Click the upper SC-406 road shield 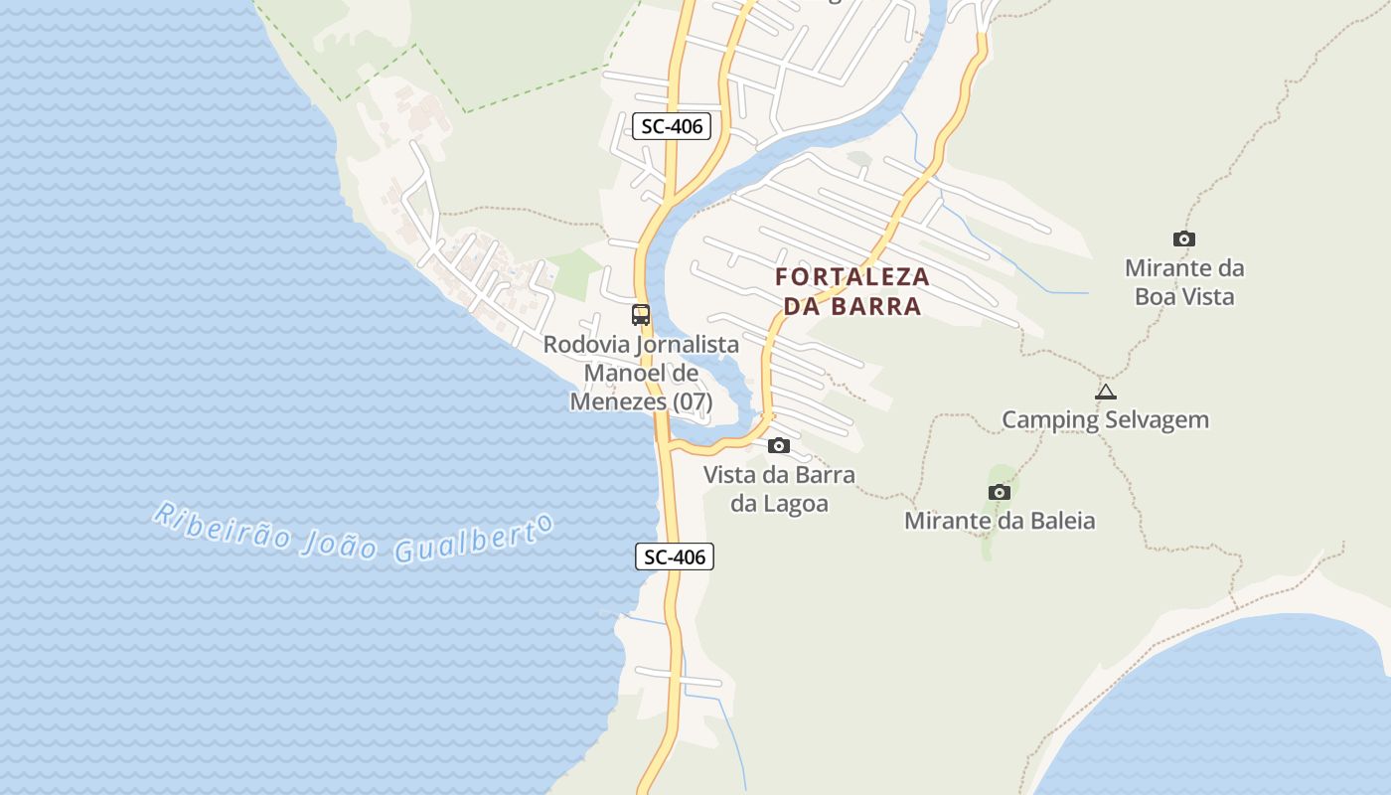point(672,126)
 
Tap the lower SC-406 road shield point(675,556)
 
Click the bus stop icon point(641,315)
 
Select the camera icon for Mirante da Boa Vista point(1183,238)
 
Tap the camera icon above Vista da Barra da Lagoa point(779,445)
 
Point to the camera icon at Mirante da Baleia point(1000,492)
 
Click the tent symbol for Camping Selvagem point(1106,393)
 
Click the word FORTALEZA point(852,276)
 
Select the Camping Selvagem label point(1105,419)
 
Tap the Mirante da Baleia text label point(1000,520)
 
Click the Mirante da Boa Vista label point(1184,282)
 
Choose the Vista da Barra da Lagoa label point(779,489)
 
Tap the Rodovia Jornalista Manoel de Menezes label point(641,373)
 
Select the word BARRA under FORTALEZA point(876,306)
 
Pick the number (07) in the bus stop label point(693,401)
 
